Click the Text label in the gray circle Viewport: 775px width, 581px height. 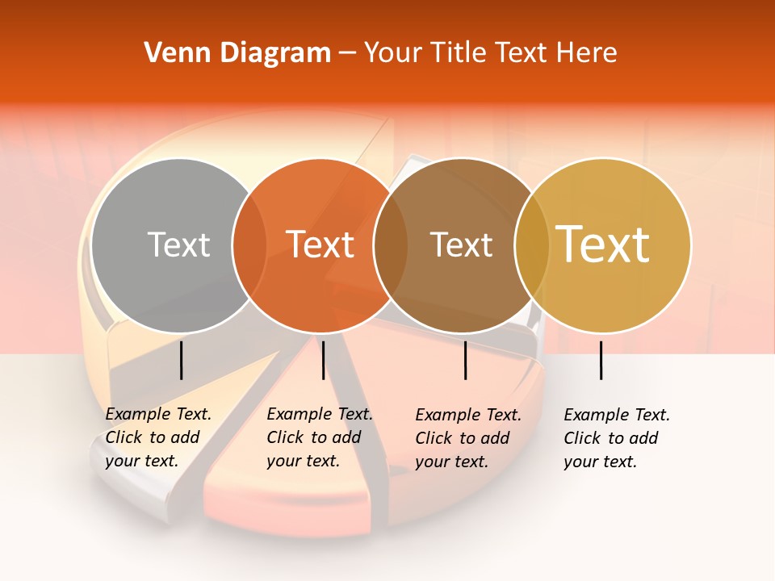tap(178, 245)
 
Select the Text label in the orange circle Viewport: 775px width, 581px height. tap(320, 245)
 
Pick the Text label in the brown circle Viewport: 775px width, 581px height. tap(461, 245)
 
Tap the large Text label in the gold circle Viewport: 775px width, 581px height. tap(603, 245)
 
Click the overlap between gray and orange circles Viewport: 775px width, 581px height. tap(249, 245)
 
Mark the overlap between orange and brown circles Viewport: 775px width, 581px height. tap(391, 245)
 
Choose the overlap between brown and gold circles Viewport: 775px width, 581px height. tap(531, 245)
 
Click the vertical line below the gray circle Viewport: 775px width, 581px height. tap(181, 360)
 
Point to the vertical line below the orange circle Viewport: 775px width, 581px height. tap(323, 360)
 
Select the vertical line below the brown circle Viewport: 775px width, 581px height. tap(465, 360)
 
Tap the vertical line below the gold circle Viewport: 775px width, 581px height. tap(601, 360)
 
